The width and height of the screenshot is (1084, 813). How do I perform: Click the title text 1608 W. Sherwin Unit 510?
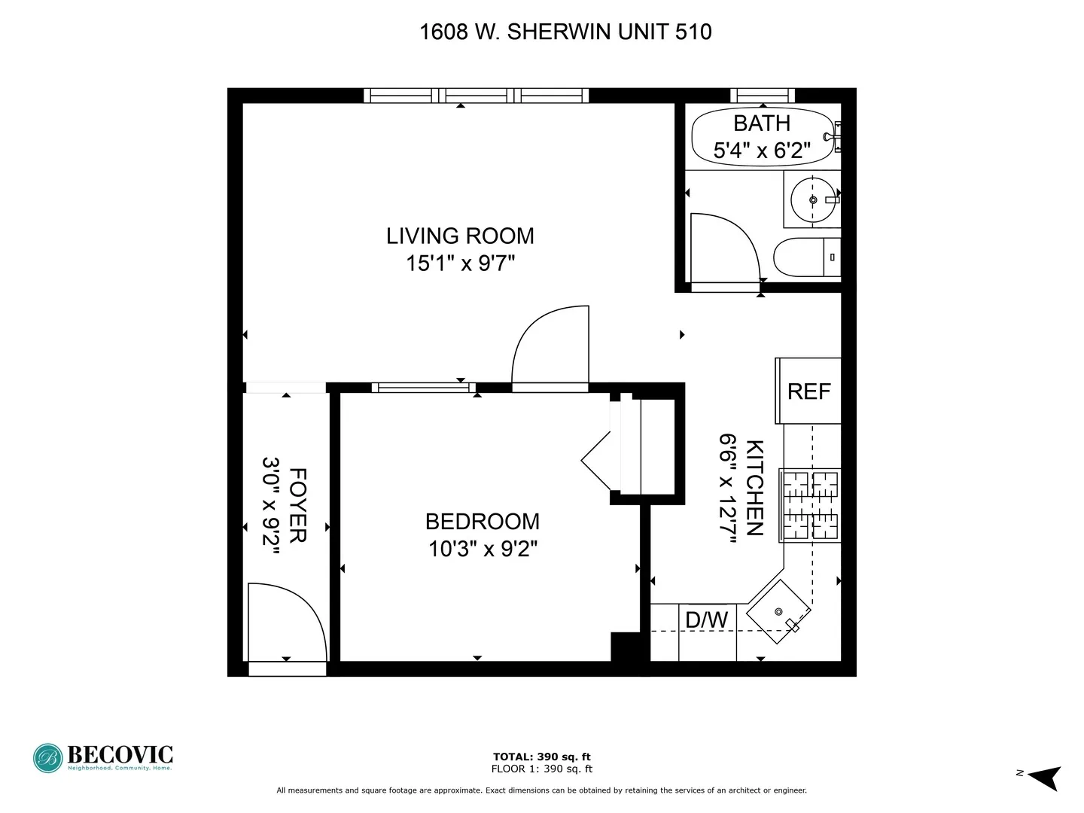click(x=565, y=32)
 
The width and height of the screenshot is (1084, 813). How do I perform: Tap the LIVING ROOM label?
click(x=460, y=236)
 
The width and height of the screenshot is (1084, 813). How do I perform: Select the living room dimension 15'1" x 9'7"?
click(x=460, y=263)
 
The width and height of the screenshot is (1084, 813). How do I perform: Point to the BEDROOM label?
click(x=482, y=522)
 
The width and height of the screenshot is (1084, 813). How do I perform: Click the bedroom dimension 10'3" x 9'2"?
click(x=482, y=549)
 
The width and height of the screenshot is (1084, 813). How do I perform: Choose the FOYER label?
click(x=298, y=505)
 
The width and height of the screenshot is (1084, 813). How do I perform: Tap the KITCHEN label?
click(x=754, y=488)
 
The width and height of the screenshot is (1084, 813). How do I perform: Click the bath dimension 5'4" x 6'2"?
click(x=762, y=150)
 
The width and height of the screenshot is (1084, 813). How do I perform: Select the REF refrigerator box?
click(x=808, y=391)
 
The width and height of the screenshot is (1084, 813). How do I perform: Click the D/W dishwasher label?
click(x=706, y=620)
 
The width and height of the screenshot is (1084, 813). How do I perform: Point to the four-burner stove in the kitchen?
click(x=810, y=505)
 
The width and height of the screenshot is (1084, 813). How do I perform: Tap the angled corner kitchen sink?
click(x=778, y=612)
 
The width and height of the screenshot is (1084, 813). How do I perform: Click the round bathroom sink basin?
click(x=813, y=199)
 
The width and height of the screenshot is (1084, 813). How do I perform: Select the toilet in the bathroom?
click(x=807, y=257)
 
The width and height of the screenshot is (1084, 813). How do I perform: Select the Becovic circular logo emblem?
click(x=48, y=758)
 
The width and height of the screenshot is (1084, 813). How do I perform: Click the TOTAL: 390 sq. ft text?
click(x=542, y=757)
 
